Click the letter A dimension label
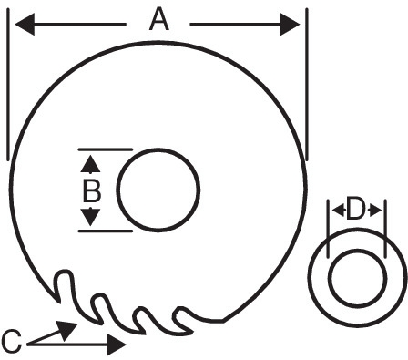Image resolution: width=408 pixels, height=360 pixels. pyautogui.click(x=159, y=19)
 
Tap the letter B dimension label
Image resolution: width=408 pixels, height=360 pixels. pyautogui.click(x=92, y=190)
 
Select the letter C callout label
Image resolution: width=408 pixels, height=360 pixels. pyautogui.click(x=12, y=343)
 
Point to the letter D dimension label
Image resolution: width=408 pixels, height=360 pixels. pyautogui.click(x=355, y=209)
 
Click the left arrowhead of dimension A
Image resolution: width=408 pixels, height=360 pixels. pyautogui.click(x=25, y=24)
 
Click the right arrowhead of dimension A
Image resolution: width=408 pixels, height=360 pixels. pyautogui.click(x=290, y=24)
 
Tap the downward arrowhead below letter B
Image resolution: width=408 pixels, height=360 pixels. pyautogui.click(x=90, y=217)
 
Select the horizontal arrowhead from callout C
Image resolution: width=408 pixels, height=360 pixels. pyautogui.click(x=117, y=345)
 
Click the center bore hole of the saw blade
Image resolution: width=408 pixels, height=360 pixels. pyautogui.click(x=158, y=190)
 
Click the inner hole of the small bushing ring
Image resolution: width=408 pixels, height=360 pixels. pyautogui.click(x=358, y=278)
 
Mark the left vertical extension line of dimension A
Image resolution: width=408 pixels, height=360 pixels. pyautogui.click(x=8, y=84)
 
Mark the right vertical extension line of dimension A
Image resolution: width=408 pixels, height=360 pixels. pyautogui.click(x=307, y=84)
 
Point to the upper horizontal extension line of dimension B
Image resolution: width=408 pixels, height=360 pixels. pyautogui.click(x=106, y=149)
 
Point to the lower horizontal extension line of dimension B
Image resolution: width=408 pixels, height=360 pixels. pyautogui.click(x=106, y=231)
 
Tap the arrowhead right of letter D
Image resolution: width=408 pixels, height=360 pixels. pyautogui.click(x=375, y=211)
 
